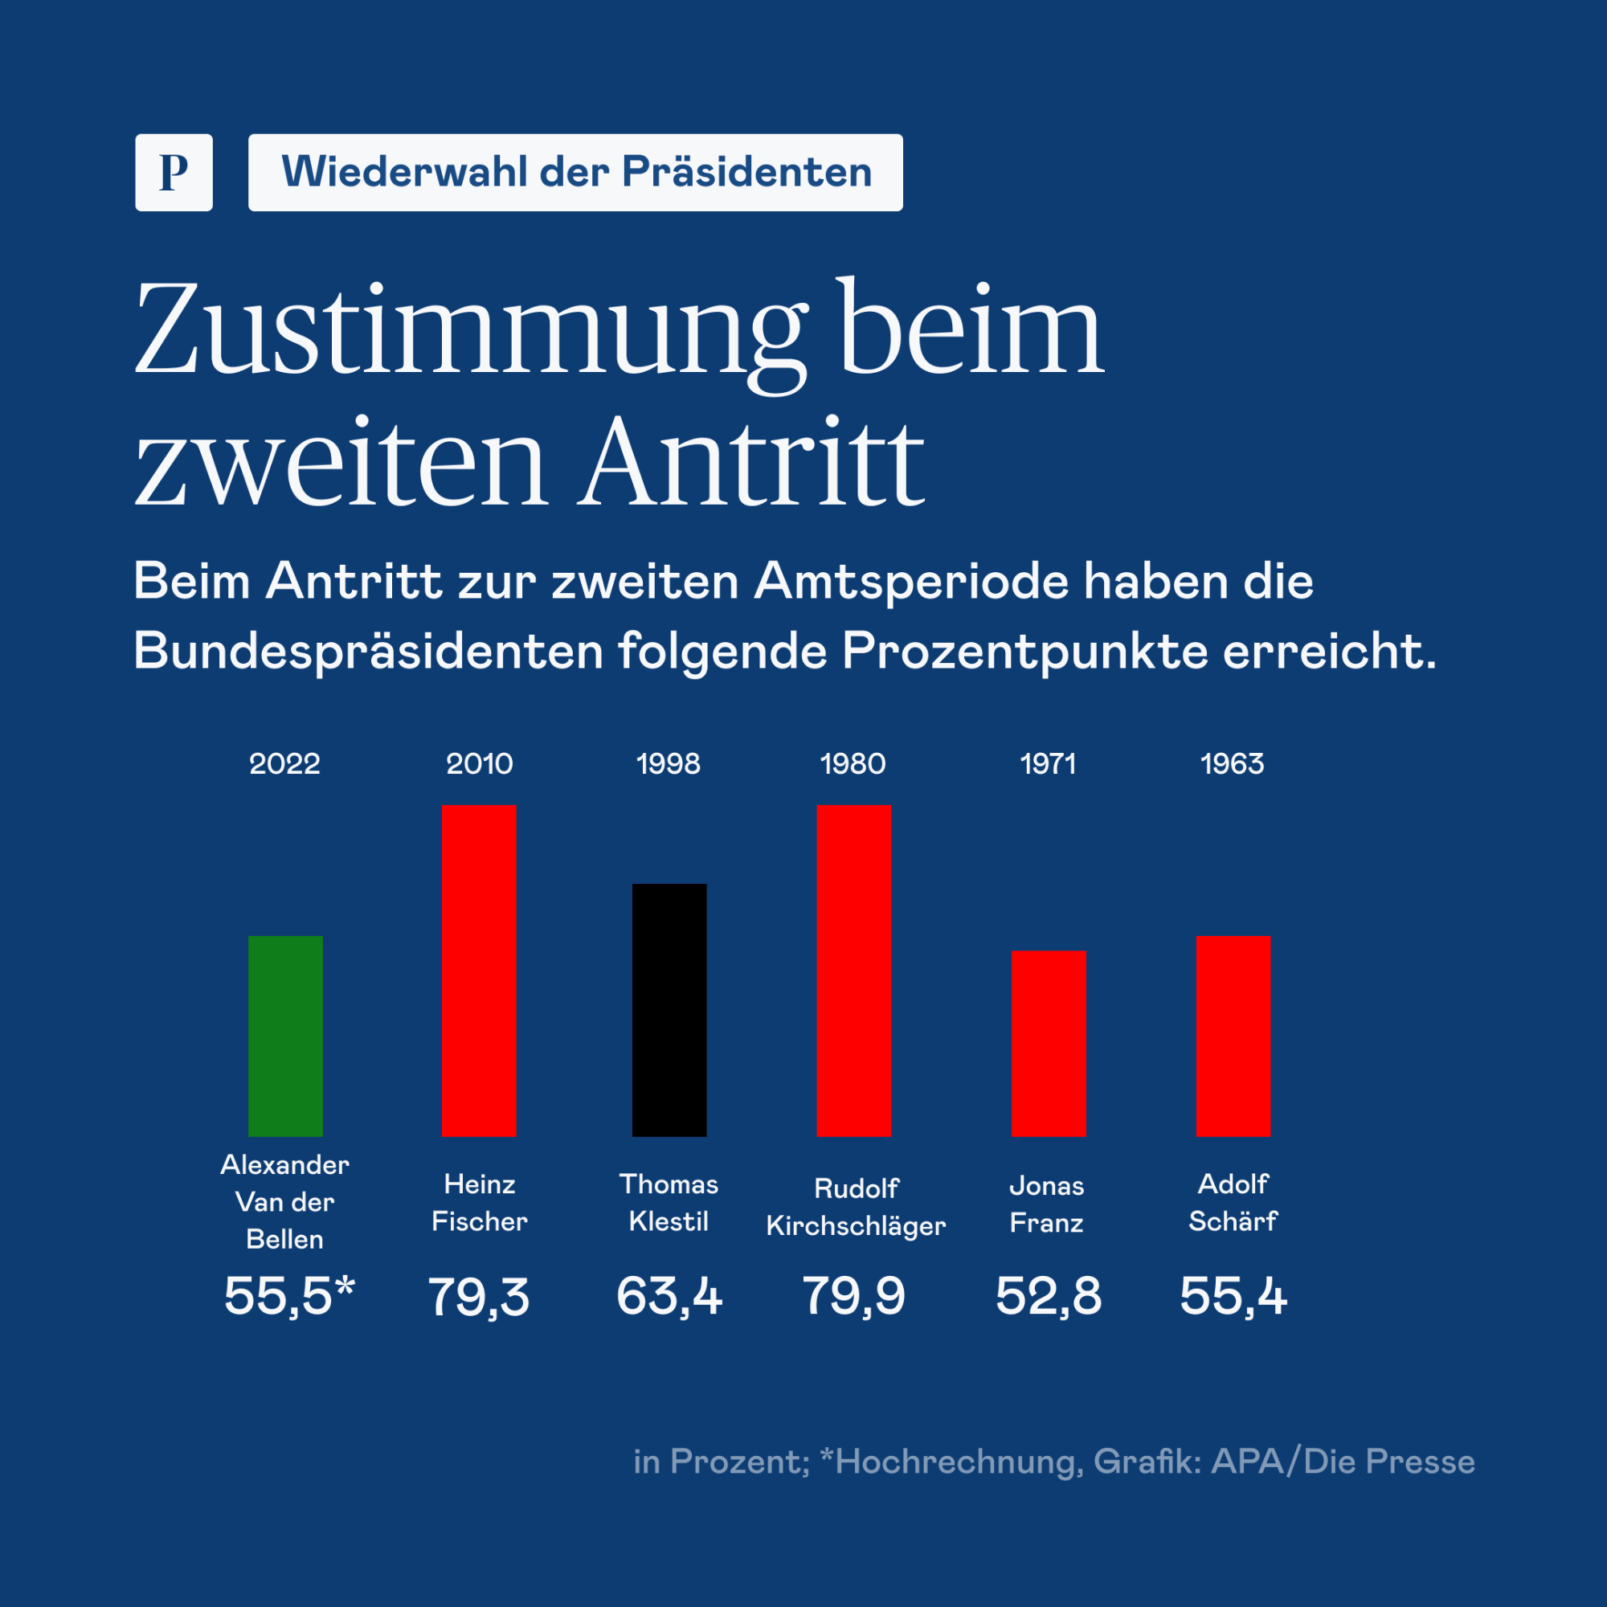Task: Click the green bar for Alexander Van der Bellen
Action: point(285,1037)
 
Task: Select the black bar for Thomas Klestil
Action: point(669,1011)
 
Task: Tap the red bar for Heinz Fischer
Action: point(479,971)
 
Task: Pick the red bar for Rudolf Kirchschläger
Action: point(853,971)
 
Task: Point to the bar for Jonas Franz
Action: point(1049,1044)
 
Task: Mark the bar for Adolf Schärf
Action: point(1233,1037)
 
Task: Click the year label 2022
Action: point(285,763)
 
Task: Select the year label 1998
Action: point(669,763)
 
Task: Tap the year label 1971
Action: point(1048,763)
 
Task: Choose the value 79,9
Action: point(853,1296)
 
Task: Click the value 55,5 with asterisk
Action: point(289,1296)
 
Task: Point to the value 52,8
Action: point(1049,1296)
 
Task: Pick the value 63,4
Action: point(669,1296)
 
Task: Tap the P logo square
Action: point(174,172)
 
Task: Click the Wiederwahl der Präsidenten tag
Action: point(575,172)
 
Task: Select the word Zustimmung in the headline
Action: point(471,329)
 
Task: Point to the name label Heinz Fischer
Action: point(480,1203)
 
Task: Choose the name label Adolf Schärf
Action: point(1233,1203)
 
